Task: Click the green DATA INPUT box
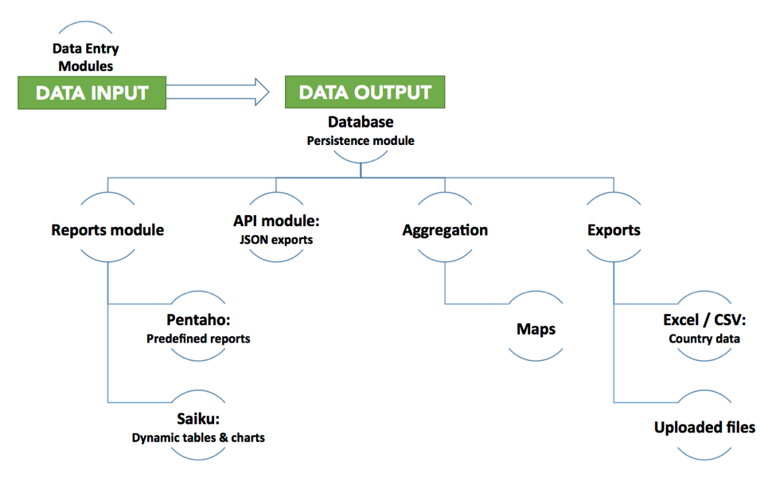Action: [x=92, y=92]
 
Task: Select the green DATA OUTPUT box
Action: [x=365, y=92]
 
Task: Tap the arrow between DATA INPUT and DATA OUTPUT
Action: [x=218, y=92]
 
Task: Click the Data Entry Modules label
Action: [x=86, y=57]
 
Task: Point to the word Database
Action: [x=361, y=122]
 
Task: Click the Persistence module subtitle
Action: [x=361, y=141]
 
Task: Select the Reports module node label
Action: [x=108, y=229]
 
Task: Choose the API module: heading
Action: [x=277, y=221]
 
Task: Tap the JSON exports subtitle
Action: [x=277, y=240]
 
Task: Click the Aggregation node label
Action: [x=445, y=230]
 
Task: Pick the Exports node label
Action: [x=614, y=230]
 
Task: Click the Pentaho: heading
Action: [x=198, y=320]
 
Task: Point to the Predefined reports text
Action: [x=198, y=339]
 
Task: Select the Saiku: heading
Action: [x=198, y=419]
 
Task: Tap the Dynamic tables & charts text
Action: [x=198, y=438]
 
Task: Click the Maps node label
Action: [x=536, y=329]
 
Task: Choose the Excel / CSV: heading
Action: [x=704, y=320]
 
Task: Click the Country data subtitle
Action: [x=704, y=339]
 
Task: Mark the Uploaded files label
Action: [x=704, y=428]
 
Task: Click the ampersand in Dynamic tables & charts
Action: [x=224, y=438]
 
